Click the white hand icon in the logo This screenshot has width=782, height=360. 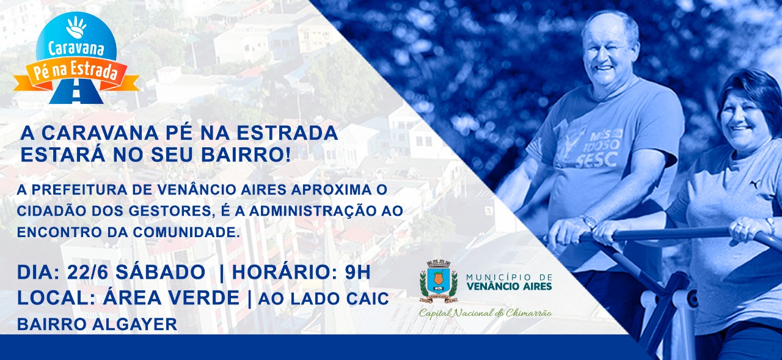pyautogui.click(x=76, y=26)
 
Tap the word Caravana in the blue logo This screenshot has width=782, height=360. pyautogui.click(x=76, y=49)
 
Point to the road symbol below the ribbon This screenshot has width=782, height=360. pyautogui.click(x=76, y=92)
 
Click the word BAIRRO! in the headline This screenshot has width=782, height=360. pyautogui.click(x=246, y=155)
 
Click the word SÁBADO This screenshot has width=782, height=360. pyautogui.click(x=160, y=272)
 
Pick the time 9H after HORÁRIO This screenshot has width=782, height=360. pyautogui.click(x=357, y=273)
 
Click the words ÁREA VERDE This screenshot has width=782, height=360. pyautogui.click(x=171, y=298)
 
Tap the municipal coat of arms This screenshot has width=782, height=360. pyautogui.click(x=439, y=281)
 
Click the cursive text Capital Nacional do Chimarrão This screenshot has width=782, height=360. pyautogui.click(x=486, y=313)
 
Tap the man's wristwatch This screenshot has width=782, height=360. pyautogui.click(x=590, y=221)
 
